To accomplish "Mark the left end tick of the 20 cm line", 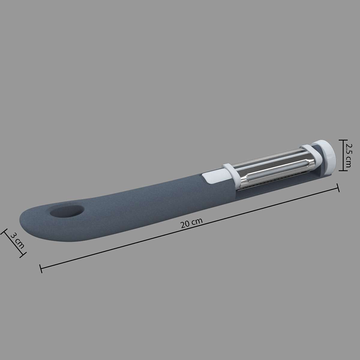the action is tap(41, 268).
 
